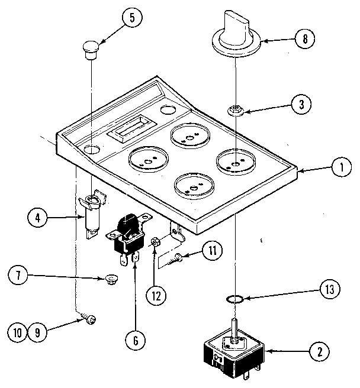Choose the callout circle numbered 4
[38, 218]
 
